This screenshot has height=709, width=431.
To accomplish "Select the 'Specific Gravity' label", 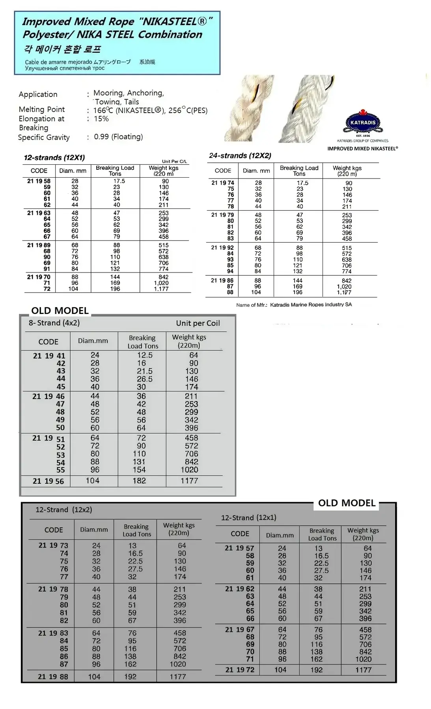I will point(44,137).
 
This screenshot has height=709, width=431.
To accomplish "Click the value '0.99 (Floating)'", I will point(118,137).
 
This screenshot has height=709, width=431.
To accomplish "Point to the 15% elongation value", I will point(101,119).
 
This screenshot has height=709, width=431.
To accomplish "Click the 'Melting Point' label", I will point(42,109).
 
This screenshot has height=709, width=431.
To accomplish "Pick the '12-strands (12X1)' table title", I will point(54,158).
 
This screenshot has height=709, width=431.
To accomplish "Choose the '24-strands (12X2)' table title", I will point(240,156).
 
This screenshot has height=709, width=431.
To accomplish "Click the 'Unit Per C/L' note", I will point(174,161).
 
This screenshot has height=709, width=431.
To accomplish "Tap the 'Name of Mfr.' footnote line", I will point(294,304).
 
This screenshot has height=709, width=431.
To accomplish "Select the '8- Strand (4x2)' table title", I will point(54,323).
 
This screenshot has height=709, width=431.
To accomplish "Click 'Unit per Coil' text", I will point(198,323).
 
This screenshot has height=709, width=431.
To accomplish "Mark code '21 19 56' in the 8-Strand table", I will point(48,481).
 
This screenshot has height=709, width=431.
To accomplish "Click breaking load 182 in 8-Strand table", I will point(139,481).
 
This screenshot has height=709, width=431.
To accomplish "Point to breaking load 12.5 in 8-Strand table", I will point(145,355).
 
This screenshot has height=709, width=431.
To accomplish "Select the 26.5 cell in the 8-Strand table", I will point(144,379).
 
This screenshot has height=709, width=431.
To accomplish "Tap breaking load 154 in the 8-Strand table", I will point(139,470).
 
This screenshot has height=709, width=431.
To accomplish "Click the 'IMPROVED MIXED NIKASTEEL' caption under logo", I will point(362,148).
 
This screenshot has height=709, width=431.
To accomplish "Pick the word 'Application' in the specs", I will point(38,94).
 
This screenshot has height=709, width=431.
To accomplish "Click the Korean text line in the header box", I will point(62,49).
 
